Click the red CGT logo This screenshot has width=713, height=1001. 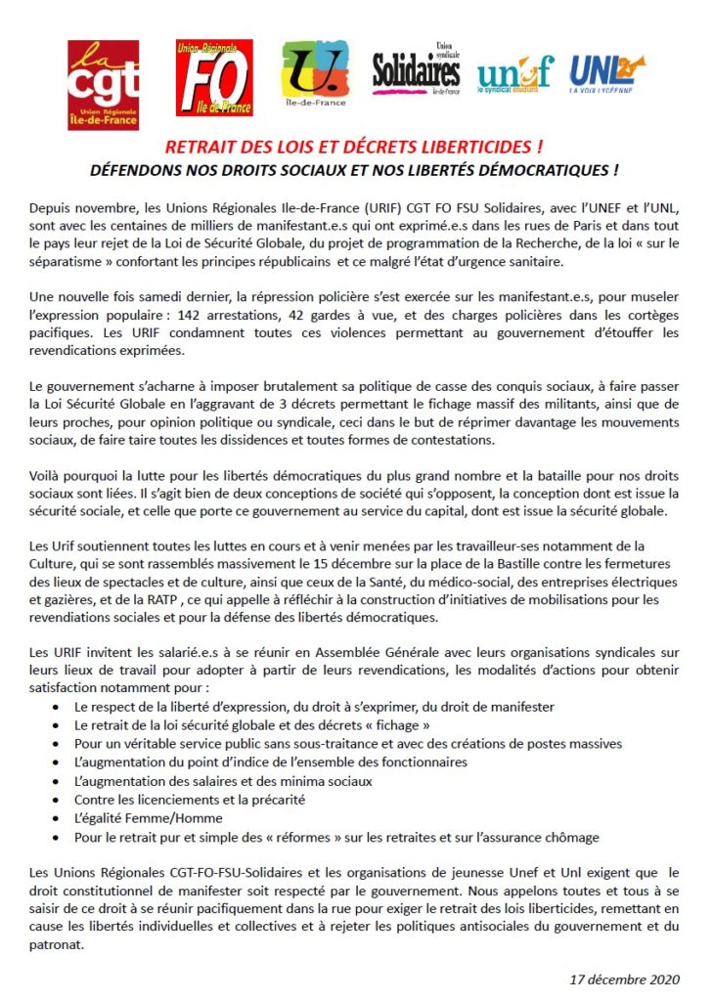point(97,77)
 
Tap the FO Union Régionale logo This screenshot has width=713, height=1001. point(214,77)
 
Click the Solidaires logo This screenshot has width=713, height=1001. point(416,71)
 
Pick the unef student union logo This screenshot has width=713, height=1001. point(514,73)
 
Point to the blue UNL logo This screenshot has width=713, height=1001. point(607,71)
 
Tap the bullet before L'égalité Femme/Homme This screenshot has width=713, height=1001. point(66,818)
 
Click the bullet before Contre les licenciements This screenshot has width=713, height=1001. point(66,800)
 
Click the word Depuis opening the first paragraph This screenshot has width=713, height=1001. point(53,211)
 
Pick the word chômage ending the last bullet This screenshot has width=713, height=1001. point(572,837)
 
